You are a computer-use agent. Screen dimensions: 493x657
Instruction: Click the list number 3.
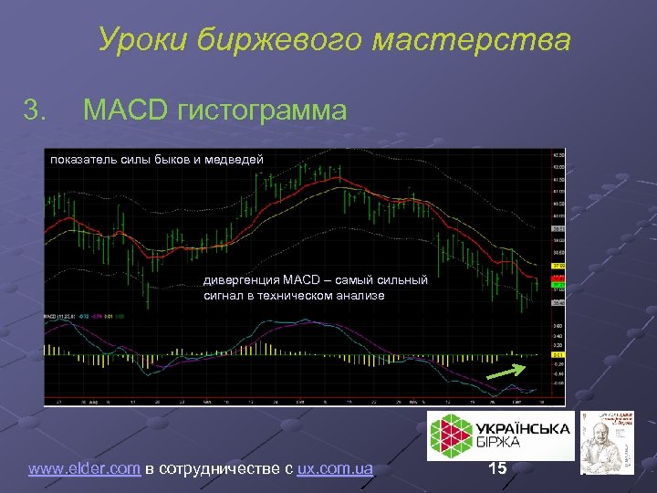coord(35,111)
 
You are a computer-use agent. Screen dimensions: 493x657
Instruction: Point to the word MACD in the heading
coord(126,111)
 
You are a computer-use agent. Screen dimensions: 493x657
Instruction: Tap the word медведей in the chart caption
coord(236,160)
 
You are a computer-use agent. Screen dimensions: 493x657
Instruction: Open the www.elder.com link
coord(84,469)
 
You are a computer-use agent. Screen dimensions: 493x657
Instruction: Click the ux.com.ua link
coord(335,469)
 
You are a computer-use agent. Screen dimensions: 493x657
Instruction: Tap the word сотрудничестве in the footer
coord(217,469)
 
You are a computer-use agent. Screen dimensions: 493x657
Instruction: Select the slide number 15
coord(498,469)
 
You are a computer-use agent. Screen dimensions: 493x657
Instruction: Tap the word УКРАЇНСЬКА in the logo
coord(522,429)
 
